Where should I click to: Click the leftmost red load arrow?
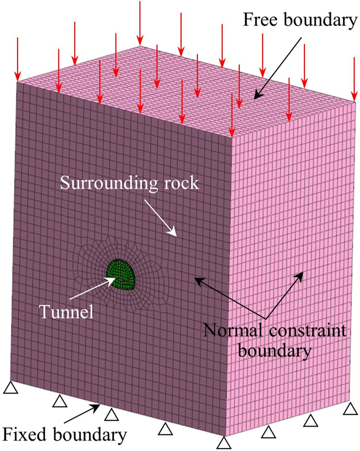pos(18,58)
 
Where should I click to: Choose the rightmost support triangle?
pos(350,407)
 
